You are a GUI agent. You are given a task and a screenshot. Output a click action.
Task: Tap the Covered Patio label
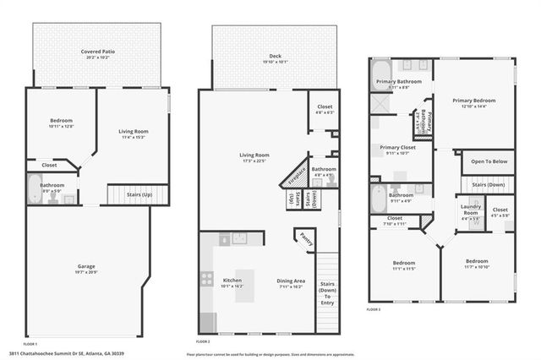click(x=99, y=52)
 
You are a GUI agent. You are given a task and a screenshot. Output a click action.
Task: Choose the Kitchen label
click(x=232, y=281)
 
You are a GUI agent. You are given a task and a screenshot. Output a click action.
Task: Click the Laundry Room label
click(x=470, y=209)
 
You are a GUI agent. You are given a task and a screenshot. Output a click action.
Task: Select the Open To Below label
click(x=489, y=161)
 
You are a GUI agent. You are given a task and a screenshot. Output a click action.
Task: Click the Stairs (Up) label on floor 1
click(x=128, y=194)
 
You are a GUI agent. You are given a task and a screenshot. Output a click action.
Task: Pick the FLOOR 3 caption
click(x=374, y=309)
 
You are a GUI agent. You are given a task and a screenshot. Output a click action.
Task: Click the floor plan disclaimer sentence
click(x=269, y=354)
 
